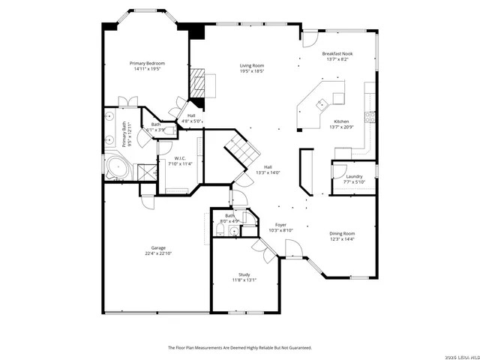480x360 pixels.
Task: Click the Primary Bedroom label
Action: (147, 63)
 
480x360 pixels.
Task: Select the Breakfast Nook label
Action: (337, 54)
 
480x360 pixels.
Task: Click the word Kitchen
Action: (341, 121)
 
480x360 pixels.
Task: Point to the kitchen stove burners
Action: (369, 116)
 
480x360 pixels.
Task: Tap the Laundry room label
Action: (354, 176)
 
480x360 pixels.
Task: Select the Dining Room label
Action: (342, 233)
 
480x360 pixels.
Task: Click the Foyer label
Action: (280, 224)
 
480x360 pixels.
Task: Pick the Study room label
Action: (244, 274)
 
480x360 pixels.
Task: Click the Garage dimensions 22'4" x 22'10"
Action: (158, 253)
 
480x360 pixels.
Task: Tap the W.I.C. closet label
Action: (180, 158)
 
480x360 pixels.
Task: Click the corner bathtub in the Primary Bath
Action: (117, 166)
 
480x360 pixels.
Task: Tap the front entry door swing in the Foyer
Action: (291, 247)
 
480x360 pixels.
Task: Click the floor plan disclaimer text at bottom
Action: (239, 347)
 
